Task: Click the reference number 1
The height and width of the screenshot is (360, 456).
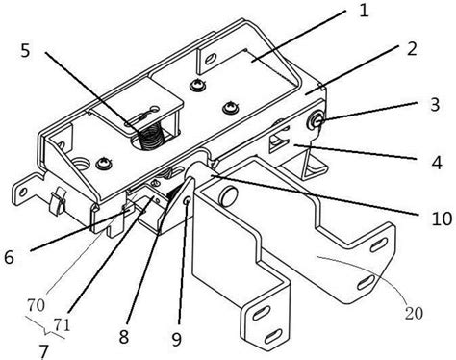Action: click(x=364, y=11)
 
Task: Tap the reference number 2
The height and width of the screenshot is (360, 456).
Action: click(x=412, y=49)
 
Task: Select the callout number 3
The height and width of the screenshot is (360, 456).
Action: click(x=435, y=105)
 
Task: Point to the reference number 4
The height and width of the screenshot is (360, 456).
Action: click(x=437, y=163)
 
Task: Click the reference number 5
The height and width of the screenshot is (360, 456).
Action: click(x=25, y=50)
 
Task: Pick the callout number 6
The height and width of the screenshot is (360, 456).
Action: click(x=10, y=257)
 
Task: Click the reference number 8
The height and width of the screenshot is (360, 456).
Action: click(x=123, y=337)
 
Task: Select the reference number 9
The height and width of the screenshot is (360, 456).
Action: click(x=176, y=339)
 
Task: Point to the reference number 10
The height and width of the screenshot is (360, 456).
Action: click(x=441, y=219)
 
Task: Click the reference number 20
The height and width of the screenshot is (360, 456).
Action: click(x=414, y=313)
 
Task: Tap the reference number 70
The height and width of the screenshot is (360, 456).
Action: click(x=36, y=305)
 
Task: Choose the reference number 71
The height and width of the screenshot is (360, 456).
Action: click(x=62, y=325)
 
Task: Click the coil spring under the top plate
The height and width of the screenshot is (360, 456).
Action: click(x=151, y=138)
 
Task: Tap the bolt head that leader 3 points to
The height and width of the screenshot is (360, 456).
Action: click(x=315, y=120)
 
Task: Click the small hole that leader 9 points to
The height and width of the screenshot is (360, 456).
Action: click(x=188, y=200)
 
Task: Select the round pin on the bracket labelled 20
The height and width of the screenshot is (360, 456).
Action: click(x=229, y=195)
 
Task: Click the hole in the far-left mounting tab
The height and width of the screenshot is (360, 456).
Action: click(x=23, y=193)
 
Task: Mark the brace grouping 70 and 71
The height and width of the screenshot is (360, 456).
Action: click(x=45, y=327)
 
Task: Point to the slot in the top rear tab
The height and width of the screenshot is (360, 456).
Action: click(x=211, y=59)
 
